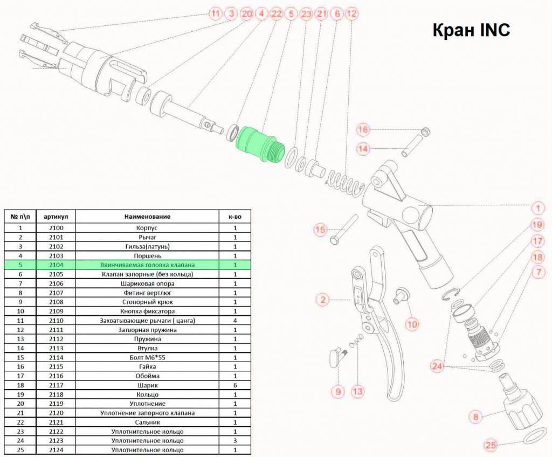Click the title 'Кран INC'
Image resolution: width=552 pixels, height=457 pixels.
(471, 30)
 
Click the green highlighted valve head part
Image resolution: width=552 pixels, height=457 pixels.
(259, 144)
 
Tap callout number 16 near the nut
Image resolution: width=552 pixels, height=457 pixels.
(363, 130)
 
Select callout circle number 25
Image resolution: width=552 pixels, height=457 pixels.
(491, 445)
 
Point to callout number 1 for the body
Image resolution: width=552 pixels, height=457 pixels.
(537, 209)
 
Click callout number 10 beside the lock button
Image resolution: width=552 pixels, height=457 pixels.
(412, 324)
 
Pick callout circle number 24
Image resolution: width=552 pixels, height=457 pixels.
(437, 366)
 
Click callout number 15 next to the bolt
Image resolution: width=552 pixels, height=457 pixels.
(320, 230)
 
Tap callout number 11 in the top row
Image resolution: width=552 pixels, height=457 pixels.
(215, 14)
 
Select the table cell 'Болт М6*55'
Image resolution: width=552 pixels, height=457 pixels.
(147, 357)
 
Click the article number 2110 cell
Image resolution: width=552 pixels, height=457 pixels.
(56, 321)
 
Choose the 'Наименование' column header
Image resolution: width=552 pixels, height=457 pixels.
(147, 217)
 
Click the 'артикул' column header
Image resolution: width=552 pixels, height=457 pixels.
(56, 217)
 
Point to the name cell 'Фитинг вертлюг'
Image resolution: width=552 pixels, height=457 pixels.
(147, 293)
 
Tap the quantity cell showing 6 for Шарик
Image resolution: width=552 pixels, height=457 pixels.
(235, 385)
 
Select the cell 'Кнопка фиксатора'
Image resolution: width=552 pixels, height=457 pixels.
(147, 311)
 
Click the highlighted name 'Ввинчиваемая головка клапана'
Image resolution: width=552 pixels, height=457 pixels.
(147, 265)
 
